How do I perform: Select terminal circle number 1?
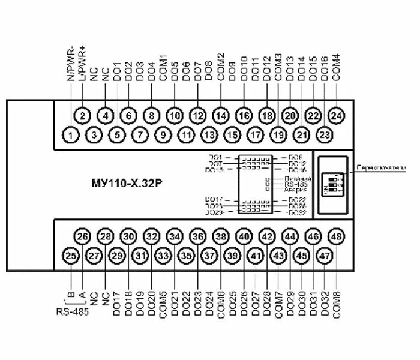click(x=71, y=135)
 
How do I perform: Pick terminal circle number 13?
click(x=209, y=135)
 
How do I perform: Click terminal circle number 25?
click(x=71, y=256)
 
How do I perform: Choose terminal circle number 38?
click(x=221, y=237)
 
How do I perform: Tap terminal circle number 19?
click(x=278, y=135)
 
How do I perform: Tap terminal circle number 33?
click(x=163, y=256)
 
